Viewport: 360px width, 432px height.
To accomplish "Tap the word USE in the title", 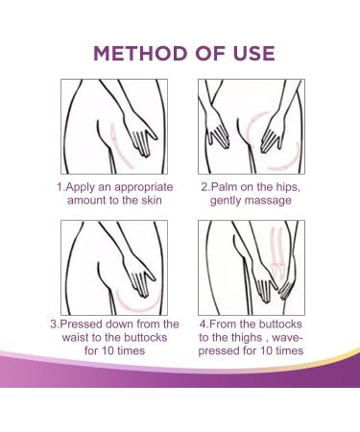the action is (253, 53).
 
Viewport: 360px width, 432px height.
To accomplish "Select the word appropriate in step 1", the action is (144, 187).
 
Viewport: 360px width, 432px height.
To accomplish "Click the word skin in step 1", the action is (152, 201).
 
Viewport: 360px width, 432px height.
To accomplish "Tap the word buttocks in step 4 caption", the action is (280, 324).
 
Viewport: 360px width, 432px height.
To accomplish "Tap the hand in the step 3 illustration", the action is (141, 276).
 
